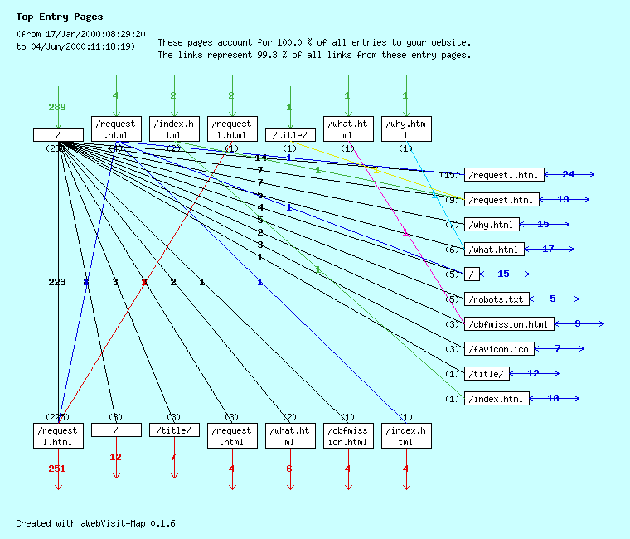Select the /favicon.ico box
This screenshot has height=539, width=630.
(x=499, y=349)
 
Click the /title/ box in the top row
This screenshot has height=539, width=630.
(x=290, y=134)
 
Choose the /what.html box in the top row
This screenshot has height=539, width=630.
(x=347, y=129)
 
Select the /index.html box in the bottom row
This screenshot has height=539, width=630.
(x=405, y=436)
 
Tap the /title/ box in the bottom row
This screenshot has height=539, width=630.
(x=174, y=430)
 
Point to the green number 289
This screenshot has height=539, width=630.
(x=57, y=107)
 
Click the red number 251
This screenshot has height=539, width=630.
(x=57, y=469)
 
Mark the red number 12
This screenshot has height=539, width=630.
(x=115, y=457)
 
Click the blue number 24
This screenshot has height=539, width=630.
(x=568, y=174)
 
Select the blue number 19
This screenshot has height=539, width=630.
(x=563, y=199)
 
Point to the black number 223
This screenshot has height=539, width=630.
(x=57, y=282)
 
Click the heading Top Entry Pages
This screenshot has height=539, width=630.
(x=60, y=17)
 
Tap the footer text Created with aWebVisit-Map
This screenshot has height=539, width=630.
(x=95, y=523)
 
